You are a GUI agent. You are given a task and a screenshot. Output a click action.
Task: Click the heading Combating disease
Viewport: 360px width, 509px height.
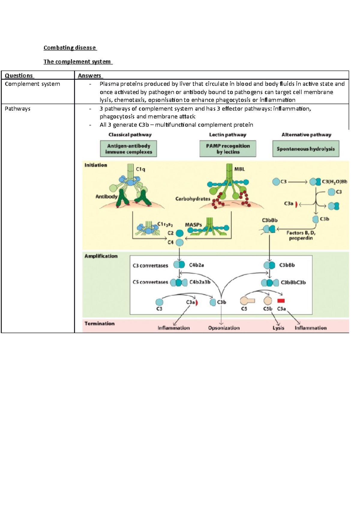coord(70,48)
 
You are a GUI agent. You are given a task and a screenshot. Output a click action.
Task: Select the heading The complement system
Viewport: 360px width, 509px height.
coord(77,62)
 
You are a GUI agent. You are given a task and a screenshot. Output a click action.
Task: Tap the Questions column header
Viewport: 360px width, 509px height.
coord(19,76)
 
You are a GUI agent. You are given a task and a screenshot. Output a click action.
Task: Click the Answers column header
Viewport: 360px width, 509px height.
coord(89,76)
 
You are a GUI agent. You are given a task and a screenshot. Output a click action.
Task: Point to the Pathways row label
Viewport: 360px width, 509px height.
coord(17,109)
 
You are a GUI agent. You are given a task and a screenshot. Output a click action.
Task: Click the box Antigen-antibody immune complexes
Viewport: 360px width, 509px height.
coord(128,149)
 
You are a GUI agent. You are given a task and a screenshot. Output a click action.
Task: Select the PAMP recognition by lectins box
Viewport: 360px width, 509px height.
coord(228,149)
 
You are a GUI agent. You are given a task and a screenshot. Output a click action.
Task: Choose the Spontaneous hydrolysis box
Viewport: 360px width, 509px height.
coord(305,149)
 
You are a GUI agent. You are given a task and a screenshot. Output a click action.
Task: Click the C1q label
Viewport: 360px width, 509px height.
coord(140,169)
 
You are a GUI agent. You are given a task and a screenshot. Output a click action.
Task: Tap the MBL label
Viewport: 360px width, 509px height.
coord(239,169)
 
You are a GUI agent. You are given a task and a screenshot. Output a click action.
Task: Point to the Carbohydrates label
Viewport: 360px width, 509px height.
coord(193,199)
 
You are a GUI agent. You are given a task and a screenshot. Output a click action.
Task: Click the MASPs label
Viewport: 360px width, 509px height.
coord(193,225)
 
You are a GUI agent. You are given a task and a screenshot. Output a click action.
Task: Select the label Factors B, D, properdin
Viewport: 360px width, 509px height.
coord(301,235)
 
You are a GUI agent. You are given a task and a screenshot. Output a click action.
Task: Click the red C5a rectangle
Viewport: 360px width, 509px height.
coord(281,301)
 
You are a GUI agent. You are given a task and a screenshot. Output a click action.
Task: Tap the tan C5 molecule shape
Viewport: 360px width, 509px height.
coord(247,301)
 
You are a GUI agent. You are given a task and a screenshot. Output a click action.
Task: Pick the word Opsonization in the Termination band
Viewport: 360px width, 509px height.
coord(224,328)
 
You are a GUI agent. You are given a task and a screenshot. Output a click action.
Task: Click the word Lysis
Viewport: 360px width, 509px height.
coord(278,328)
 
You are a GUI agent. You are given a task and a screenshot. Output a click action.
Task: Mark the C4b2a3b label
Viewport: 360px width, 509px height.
coord(200,282)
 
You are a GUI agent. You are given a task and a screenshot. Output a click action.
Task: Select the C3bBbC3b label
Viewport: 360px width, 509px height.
coord(293,282)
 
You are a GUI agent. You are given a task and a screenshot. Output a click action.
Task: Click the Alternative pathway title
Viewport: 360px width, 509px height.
coord(306,135)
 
